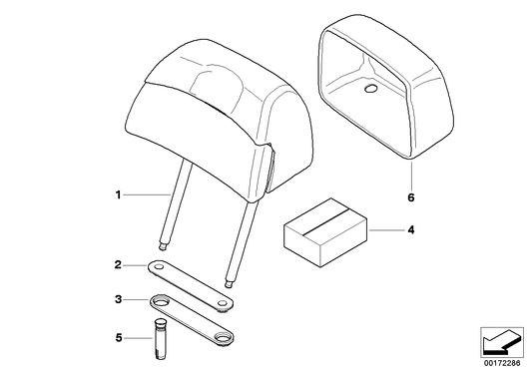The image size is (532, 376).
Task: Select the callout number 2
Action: click(x=118, y=265)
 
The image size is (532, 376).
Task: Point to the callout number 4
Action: click(x=408, y=231)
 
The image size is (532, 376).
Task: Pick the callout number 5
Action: click(x=118, y=337)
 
